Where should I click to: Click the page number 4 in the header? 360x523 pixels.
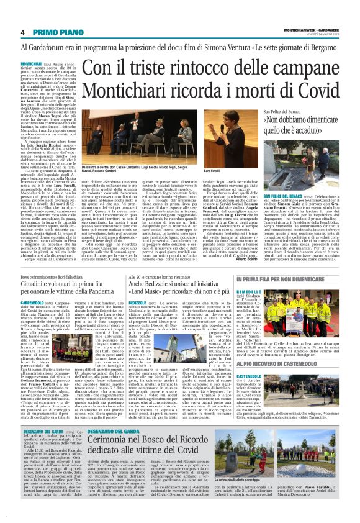pos(22,32)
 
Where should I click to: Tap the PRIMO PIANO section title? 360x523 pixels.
pos(53,32)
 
